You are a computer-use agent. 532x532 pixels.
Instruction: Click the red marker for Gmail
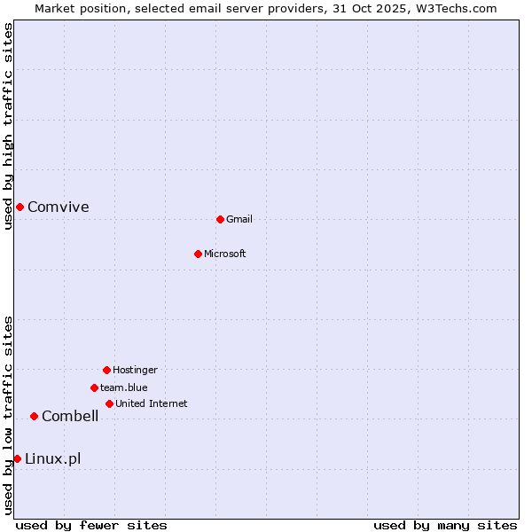click(x=220, y=219)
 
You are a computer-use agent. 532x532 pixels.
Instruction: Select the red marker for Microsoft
click(x=198, y=254)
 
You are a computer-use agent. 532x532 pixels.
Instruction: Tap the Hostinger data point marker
click(x=106, y=370)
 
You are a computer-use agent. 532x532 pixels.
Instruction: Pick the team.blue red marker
click(x=94, y=387)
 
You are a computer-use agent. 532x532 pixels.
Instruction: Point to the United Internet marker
click(x=109, y=403)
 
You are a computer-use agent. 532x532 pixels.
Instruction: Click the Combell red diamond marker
click(x=34, y=416)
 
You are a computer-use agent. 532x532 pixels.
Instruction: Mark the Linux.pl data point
click(x=17, y=458)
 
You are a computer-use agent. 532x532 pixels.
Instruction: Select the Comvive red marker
click(x=20, y=207)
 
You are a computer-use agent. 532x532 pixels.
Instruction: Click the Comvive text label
click(x=59, y=207)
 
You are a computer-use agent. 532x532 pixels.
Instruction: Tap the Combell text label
click(x=70, y=417)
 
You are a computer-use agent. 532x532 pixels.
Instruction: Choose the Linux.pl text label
click(x=53, y=459)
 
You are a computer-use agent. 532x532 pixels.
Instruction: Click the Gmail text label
click(x=239, y=220)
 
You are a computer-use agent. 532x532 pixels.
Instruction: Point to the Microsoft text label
click(x=225, y=254)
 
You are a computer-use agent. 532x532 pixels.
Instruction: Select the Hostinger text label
click(x=135, y=371)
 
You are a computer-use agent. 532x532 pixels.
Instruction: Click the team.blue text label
click(x=124, y=388)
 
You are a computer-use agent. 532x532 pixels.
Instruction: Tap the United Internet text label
click(x=152, y=404)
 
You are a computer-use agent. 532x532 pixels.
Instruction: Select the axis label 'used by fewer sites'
click(x=91, y=526)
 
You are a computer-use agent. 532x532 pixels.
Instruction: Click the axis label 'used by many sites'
click(x=445, y=526)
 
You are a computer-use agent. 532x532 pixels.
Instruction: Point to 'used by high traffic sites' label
click(x=9, y=126)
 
